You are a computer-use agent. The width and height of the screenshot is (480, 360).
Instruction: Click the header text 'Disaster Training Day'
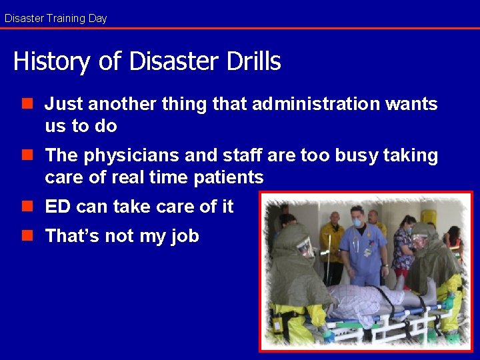[x=55, y=18]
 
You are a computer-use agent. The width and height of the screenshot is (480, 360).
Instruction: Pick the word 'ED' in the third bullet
[x=57, y=207]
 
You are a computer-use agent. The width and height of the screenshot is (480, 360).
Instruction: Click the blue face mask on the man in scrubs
[x=357, y=223]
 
